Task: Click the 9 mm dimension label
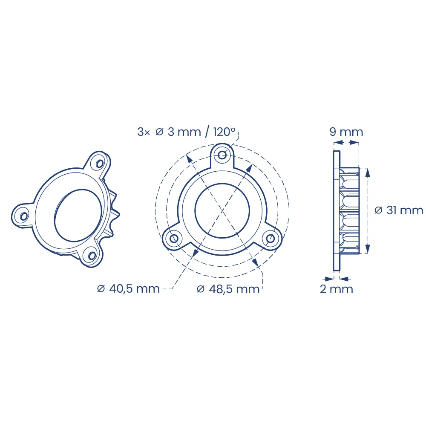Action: (x=346, y=132)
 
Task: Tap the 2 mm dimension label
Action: (x=337, y=289)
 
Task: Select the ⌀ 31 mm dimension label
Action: (x=399, y=210)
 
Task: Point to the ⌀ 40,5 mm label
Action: (x=128, y=288)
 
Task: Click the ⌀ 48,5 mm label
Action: (x=228, y=289)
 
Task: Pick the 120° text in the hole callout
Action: (x=225, y=132)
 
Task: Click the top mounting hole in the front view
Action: (x=222, y=155)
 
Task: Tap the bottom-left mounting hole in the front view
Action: (x=174, y=239)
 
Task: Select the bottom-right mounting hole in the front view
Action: (x=271, y=239)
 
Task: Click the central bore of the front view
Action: (x=222, y=210)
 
